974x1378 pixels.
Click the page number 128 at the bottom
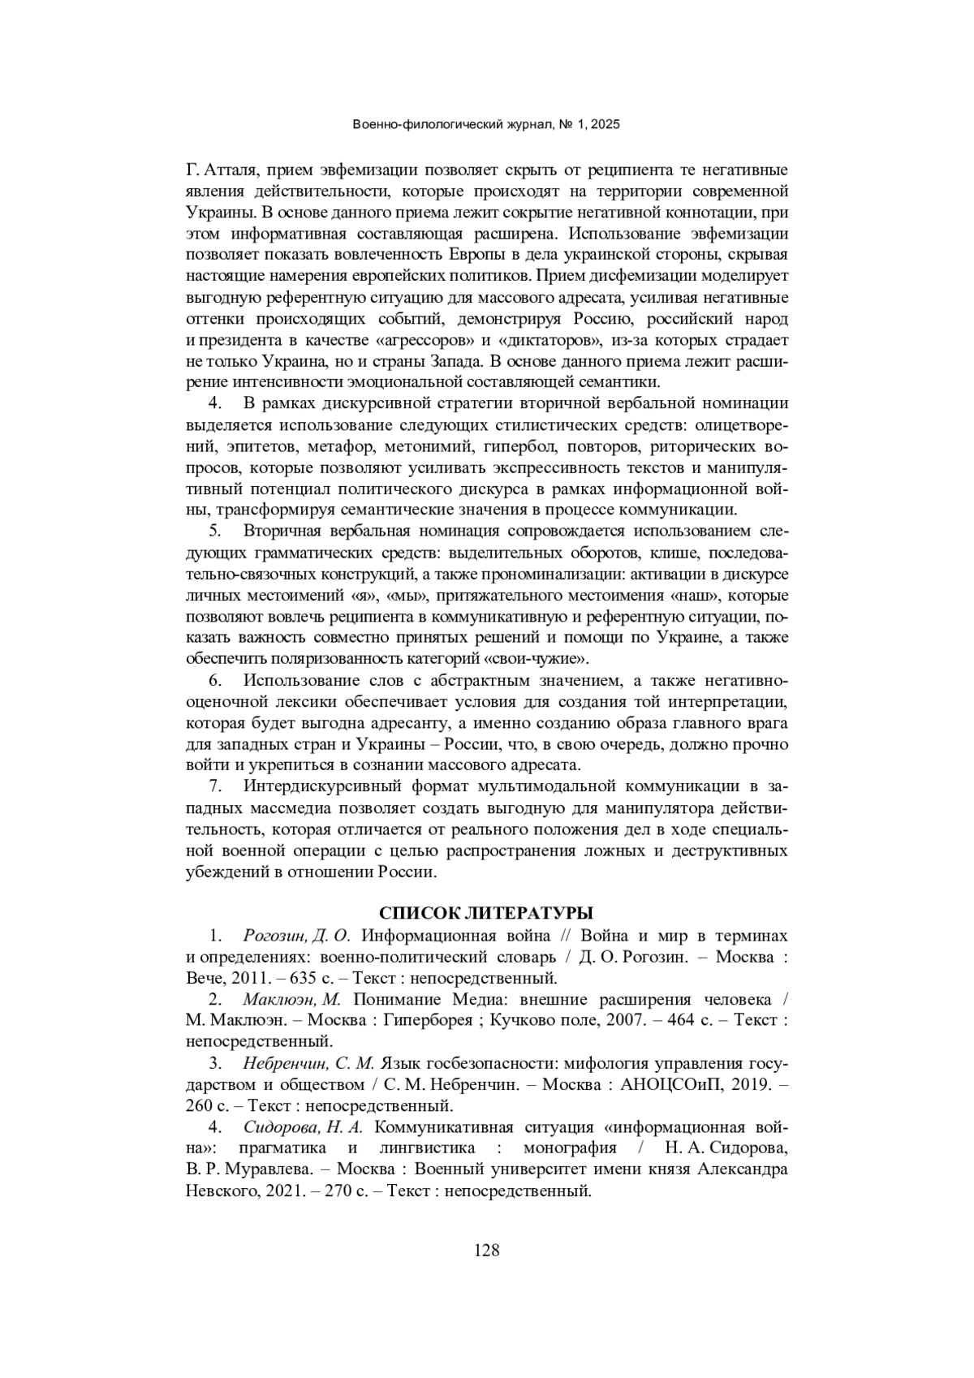[486, 1250]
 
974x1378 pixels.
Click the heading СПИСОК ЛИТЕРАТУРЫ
[486, 912]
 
